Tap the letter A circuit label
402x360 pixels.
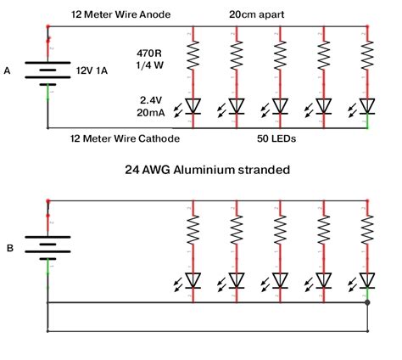pos(8,71)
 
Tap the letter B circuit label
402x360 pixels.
pos(9,249)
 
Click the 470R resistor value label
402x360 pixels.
pos(148,51)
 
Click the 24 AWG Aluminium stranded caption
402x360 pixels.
pos(207,170)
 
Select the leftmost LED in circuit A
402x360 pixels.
pos(193,106)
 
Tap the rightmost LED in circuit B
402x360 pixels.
pos(367,278)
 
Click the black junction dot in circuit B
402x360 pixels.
pos(367,302)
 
